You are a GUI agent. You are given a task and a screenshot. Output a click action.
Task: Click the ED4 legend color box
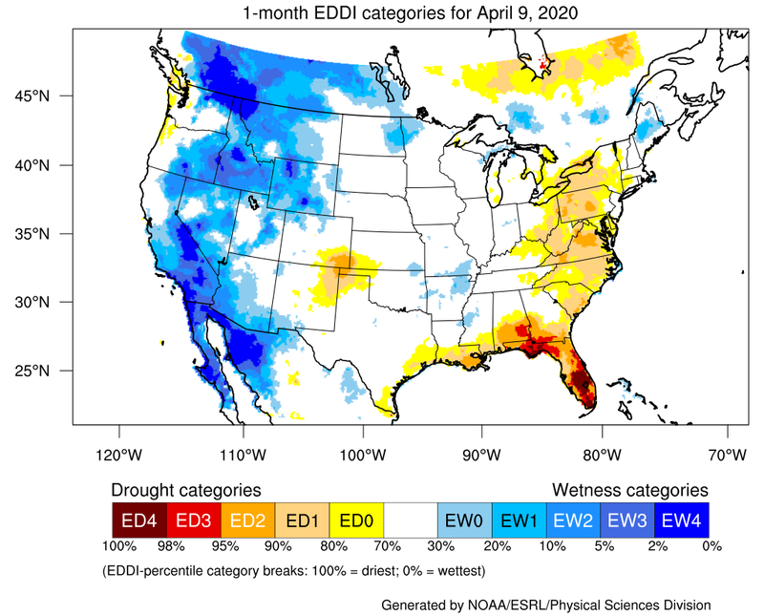pyautogui.click(x=139, y=520)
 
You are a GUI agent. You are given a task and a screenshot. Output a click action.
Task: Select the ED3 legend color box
pyautogui.click(x=193, y=520)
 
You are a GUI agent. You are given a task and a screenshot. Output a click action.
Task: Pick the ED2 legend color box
pyautogui.click(x=247, y=520)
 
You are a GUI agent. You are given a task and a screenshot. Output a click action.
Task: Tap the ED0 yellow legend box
pyautogui.click(x=355, y=520)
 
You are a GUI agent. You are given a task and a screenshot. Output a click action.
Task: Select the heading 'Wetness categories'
pyautogui.click(x=629, y=489)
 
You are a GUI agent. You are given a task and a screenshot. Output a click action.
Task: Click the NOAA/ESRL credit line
pyautogui.click(x=545, y=605)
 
